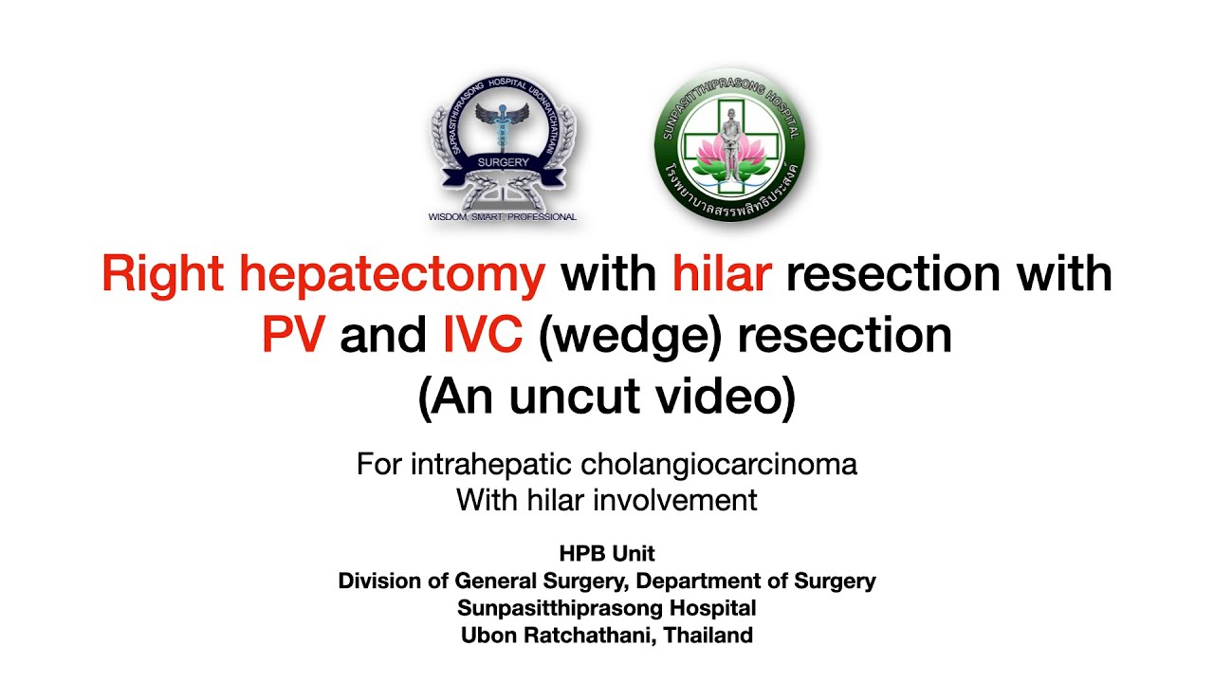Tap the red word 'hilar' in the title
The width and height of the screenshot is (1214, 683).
pyautogui.click(x=721, y=275)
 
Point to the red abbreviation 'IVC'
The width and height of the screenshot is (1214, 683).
pyautogui.click(x=484, y=337)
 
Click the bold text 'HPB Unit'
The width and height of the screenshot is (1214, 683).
pyautogui.click(x=607, y=553)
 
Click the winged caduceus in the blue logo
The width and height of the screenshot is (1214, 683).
pyautogui.click(x=503, y=123)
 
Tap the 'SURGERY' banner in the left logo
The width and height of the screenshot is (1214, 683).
pyautogui.click(x=503, y=162)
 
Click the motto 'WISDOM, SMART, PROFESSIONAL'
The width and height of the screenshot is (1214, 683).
pyautogui.click(x=503, y=217)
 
